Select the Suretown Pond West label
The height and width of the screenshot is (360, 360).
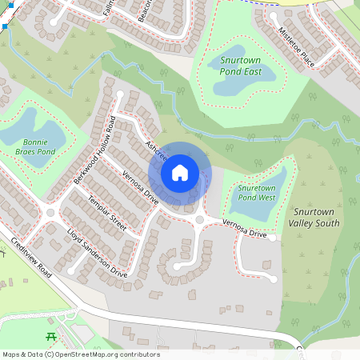coord(257,193)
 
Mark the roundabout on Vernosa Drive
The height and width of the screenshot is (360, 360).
coord(199,219)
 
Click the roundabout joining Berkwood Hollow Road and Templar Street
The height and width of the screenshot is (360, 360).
coord(52,213)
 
